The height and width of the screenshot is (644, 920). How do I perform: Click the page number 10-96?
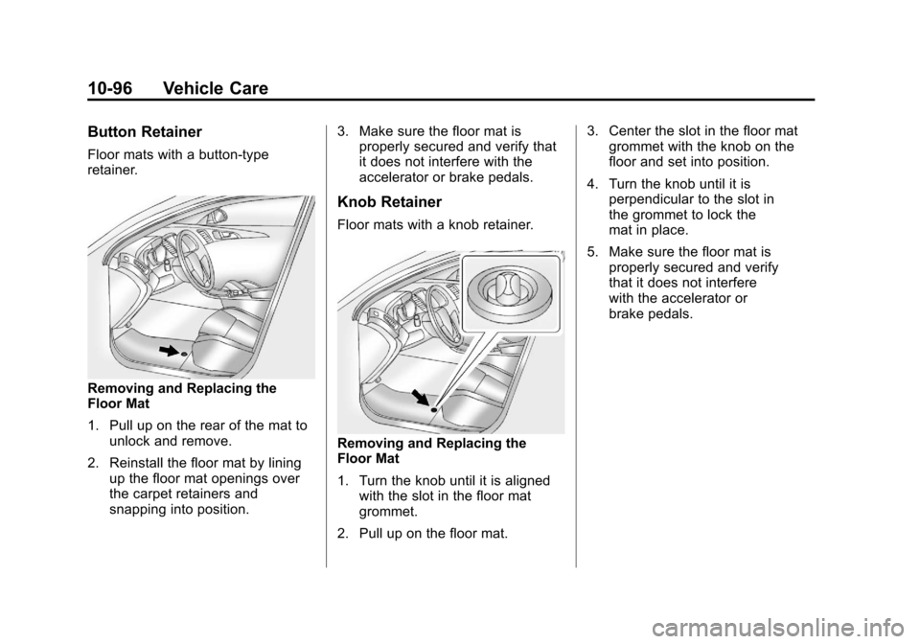pyautogui.click(x=111, y=88)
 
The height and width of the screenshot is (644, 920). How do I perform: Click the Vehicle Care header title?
pyautogui.click(x=216, y=88)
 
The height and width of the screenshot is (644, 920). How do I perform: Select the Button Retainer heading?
pyautogui.click(x=145, y=132)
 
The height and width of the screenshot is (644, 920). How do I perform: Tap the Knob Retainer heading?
pyautogui.click(x=390, y=202)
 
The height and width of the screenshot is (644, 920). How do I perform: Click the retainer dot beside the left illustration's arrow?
pyautogui.click(x=184, y=354)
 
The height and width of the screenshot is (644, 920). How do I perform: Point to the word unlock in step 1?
pyautogui.click(x=128, y=441)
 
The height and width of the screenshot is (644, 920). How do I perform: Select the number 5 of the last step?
pyautogui.click(x=592, y=252)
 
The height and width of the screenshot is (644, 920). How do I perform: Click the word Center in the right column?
pyautogui.click(x=629, y=131)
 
